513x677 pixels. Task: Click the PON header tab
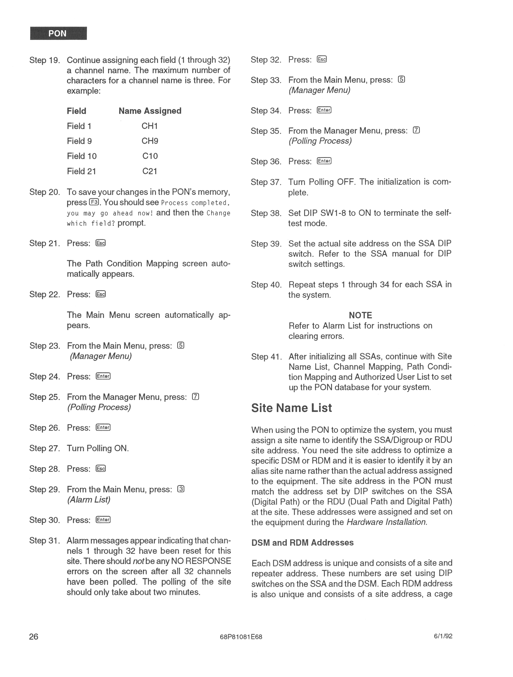[58, 33]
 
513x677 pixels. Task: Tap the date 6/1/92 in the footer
[443, 636]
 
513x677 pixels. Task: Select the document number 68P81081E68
[241, 637]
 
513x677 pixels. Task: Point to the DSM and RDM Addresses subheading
[302, 543]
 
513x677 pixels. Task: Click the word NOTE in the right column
[360, 315]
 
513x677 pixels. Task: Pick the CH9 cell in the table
[150, 141]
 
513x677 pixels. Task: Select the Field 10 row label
[82, 156]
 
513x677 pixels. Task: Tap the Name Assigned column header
[150, 111]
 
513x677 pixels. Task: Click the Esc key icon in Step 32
[322, 59]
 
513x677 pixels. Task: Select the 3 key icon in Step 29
[181, 489]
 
